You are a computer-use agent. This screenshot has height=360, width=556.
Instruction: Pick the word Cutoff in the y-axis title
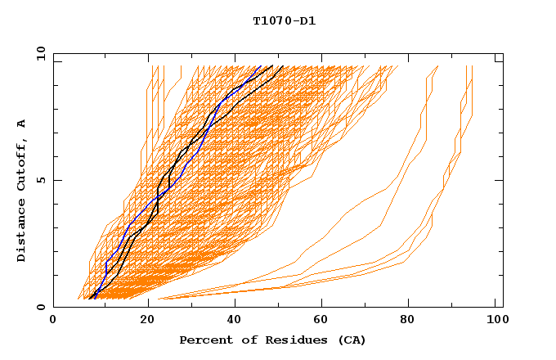point(22,164)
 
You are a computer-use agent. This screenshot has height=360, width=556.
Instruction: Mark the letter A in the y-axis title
point(22,123)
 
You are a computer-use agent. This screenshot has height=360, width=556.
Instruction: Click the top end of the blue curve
point(261,66)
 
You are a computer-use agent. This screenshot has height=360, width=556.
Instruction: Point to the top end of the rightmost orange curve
point(473,66)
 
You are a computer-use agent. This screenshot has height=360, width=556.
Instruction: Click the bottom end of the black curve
point(89,299)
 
